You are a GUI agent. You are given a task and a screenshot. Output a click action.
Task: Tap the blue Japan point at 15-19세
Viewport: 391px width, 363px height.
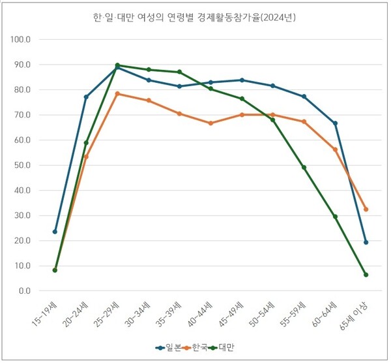[x=55, y=232]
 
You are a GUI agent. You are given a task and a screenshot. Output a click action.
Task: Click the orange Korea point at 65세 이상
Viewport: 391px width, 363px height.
[x=366, y=209]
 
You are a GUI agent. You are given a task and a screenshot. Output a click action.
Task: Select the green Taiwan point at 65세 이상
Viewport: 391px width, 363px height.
[x=366, y=275]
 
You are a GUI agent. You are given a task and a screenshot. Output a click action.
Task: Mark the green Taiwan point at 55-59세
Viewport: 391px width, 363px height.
[x=304, y=167]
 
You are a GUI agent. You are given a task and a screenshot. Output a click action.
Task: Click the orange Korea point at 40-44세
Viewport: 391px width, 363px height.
[x=210, y=123]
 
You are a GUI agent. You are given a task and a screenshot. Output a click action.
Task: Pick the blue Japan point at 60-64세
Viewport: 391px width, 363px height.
[x=335, y=123]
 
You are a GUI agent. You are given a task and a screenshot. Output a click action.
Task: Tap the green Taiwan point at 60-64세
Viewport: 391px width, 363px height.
[x=335, y=217]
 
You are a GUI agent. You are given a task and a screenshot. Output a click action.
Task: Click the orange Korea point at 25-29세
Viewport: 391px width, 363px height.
[x=117, y=93]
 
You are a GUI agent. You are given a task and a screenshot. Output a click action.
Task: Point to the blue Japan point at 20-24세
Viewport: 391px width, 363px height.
[x=86, y=97]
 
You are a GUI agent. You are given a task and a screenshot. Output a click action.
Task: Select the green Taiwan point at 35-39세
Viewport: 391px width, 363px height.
[x=179, y=72]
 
